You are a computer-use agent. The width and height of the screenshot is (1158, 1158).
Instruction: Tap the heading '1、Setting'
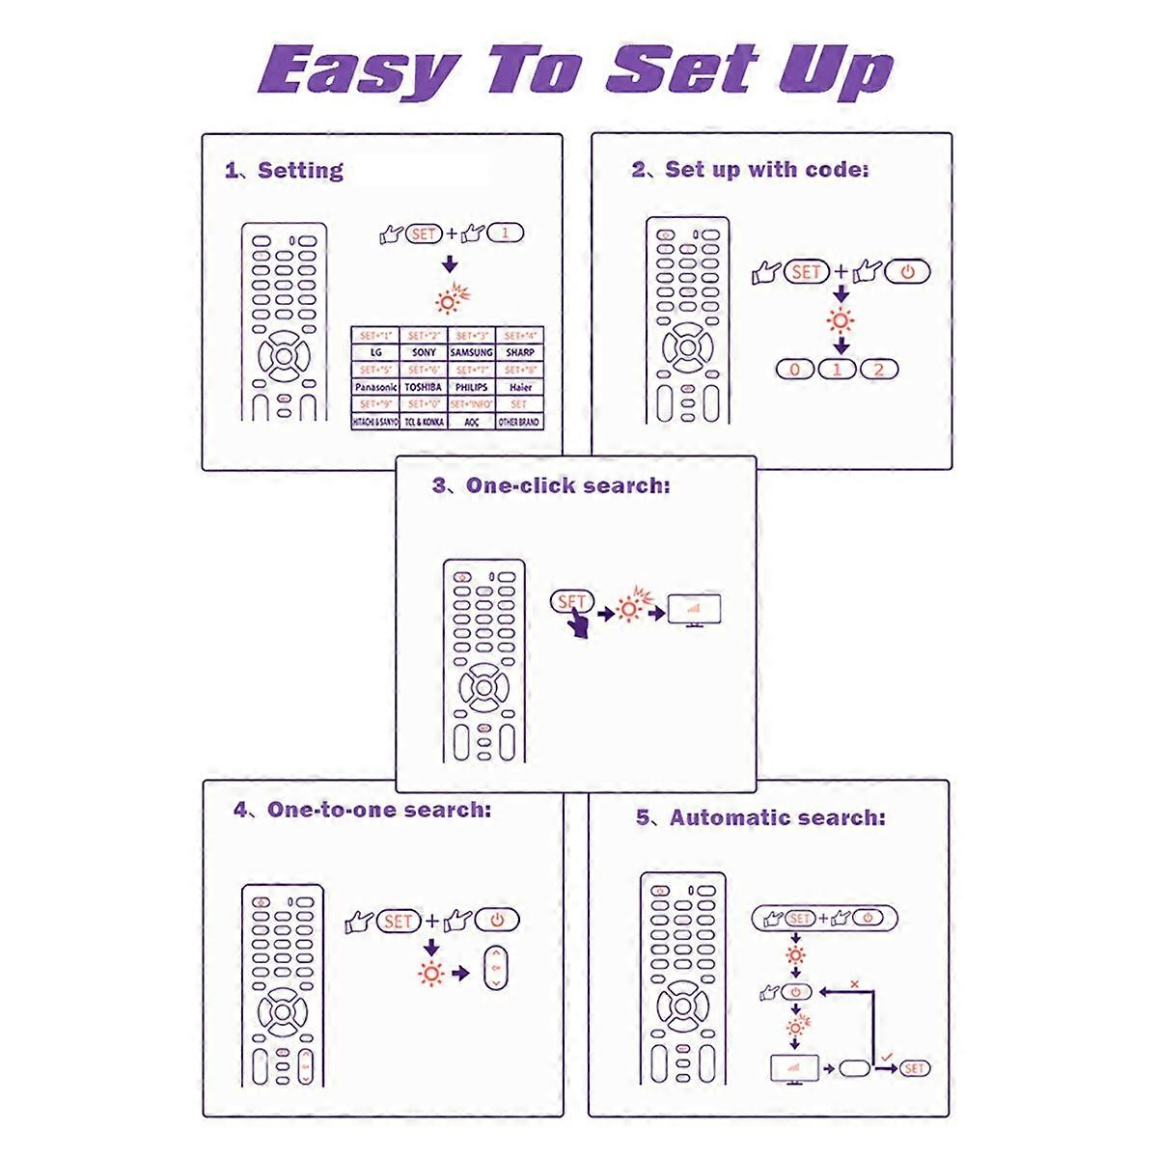click(284, 171)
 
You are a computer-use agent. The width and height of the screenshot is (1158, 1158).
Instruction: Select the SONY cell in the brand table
click(424, 353)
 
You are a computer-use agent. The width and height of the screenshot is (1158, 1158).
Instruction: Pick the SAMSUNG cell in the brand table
click(472, 353)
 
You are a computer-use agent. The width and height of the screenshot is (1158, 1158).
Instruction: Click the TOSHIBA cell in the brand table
click(424, 387)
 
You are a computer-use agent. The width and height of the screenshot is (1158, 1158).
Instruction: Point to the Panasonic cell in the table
click(375, 387)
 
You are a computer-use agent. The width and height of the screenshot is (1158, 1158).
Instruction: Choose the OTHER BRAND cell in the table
click(519, 422)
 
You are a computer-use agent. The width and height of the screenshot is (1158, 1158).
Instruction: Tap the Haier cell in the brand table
click(519, 387)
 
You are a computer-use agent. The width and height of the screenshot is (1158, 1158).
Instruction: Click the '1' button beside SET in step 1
click(507, 234)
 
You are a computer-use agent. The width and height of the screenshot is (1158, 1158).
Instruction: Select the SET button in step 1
click(424, 234)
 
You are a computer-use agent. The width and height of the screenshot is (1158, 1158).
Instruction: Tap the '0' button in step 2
click(795, 370)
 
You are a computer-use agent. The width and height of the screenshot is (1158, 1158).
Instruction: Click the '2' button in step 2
click(878, 370)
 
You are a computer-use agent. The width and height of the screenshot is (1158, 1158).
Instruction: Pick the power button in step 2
click(906, 272)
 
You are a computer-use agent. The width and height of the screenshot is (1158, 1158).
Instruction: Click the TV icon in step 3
click(695, 611)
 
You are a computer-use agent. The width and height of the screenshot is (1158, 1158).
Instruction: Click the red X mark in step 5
click(854, 984)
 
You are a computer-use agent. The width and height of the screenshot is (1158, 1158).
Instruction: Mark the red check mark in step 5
click(886, 1058)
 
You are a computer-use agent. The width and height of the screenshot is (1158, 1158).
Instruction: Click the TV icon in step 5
click(793, 1069)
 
